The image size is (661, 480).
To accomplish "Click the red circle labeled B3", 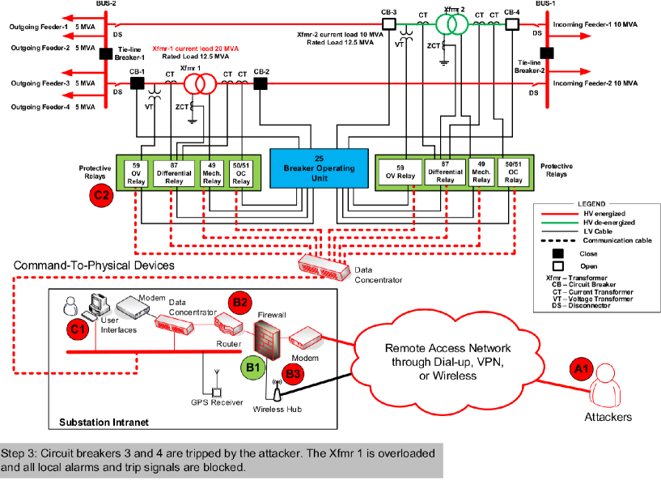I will point(293,375).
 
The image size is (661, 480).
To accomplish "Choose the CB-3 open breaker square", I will point(388,24).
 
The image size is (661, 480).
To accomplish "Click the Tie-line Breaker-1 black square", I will point(105,54).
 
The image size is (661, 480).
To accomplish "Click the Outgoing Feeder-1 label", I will point(39,27).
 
